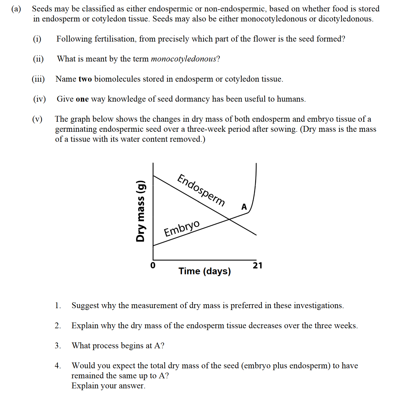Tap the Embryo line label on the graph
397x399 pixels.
point(182,228)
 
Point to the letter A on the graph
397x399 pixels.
point(244,207)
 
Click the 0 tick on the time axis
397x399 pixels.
point(153,265)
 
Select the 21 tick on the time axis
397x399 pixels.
point(257,265)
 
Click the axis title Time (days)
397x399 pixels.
point(204,271)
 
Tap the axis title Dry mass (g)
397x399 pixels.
point(140,211)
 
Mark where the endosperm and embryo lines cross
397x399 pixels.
point(229,219)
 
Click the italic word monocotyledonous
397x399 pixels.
point(183,59)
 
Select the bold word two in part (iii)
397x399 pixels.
point(85,79)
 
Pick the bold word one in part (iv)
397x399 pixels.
point(82,99)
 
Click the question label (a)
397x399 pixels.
point(16,9)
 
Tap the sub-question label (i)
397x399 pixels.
point(37,39)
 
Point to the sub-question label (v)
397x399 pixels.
point(37,119)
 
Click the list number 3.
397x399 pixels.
point(58,345)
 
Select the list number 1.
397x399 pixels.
point(58,305)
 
